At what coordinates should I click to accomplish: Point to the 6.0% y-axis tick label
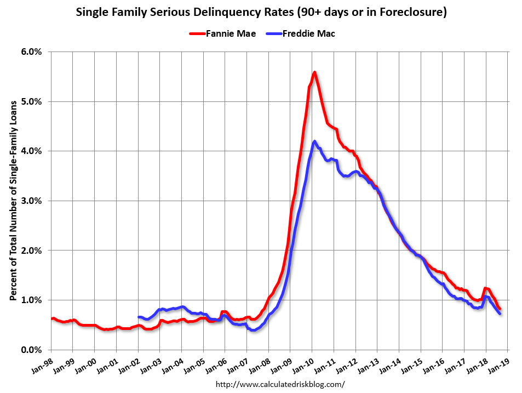coord(31,52)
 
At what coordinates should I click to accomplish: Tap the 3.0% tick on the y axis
coord(31,201)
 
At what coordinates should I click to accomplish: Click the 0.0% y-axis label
coord(31,350)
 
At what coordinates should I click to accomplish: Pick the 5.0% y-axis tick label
coord(31,101)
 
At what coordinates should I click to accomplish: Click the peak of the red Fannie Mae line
coord(314,72)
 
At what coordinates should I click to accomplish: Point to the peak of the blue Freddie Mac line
coord(314,141)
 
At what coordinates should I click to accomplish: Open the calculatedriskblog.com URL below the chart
coord(280,384)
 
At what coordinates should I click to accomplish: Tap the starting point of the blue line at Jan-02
coord(139,317)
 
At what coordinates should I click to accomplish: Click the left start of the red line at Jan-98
coord(51,318)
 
